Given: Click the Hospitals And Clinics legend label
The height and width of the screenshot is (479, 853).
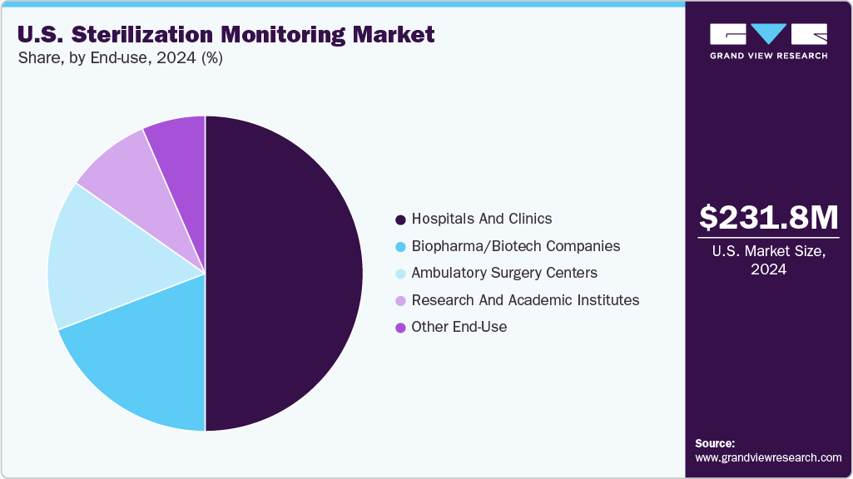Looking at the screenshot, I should [x=481, y=219].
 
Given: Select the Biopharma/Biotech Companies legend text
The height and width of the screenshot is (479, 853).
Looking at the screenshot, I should [x=515, y=246].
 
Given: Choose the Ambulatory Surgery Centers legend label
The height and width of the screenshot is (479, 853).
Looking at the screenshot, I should [x=504, y=273].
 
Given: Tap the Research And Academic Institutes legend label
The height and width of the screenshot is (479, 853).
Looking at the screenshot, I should [x=525, y=300].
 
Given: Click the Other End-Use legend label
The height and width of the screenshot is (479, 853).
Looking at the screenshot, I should [x=459, y=327].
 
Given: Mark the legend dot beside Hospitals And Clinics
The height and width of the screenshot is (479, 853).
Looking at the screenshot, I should [x=400, y=220].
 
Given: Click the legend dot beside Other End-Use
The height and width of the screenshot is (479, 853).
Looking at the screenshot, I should [x=400, y=328].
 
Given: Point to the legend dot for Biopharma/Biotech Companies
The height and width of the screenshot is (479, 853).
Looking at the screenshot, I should [x=400, y=247].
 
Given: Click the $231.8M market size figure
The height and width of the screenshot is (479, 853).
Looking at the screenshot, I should [x=768, y=218].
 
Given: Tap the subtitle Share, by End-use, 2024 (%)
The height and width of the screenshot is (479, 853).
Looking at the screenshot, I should [x=119, y=58].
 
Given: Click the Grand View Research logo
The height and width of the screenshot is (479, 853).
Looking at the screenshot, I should [x=768, y=41].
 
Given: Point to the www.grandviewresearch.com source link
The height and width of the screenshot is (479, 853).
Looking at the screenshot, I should [x=768, y=457].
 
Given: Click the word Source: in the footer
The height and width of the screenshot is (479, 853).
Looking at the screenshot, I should [x=715, y=443].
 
